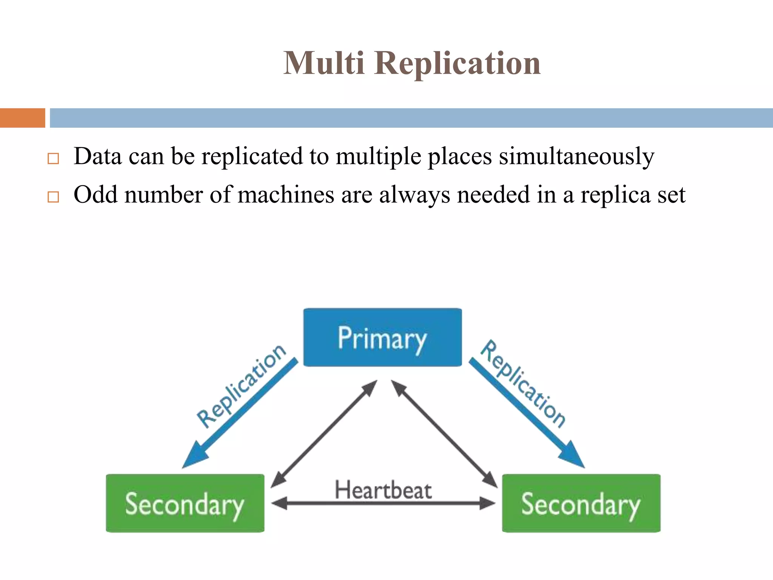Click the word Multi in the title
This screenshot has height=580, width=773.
click(323, 63)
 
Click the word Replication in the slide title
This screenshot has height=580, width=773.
click(457, 63)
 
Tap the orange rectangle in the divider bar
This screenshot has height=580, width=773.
click(22, 118)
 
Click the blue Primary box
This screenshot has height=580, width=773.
click(382, 337)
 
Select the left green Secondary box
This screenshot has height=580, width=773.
click(185, 503)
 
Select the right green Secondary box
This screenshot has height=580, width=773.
click(581, 503)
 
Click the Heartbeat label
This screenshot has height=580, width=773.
click(383, 490)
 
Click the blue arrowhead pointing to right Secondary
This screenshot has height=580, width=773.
click(572, 455)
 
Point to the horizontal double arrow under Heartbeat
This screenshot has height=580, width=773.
click(383, 503)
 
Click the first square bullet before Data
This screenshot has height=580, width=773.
click(53, 159)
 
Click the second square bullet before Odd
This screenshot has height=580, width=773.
click(53, 197)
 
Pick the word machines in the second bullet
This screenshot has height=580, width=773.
click(286, 194)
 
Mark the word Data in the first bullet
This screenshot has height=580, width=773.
click(98, 156)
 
